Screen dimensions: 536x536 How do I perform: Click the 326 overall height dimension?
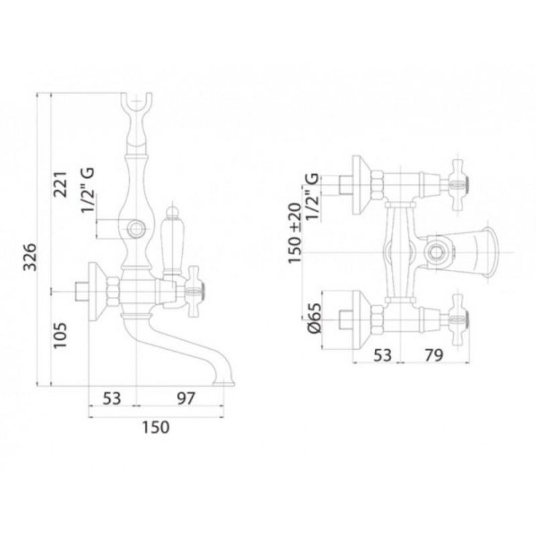point(29,257)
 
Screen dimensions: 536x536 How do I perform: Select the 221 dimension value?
point(61,184)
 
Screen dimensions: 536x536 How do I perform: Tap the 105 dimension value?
point(60,335)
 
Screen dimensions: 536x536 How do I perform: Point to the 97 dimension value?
point(186,399)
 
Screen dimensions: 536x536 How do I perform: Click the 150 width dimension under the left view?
point(155,427)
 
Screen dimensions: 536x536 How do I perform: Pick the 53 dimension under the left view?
point(112,399)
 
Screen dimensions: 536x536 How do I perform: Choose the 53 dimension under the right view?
point(383,356)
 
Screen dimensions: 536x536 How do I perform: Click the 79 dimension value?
point(433,356)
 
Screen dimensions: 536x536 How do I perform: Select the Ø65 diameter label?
point(315,318)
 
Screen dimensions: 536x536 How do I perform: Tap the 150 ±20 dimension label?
point(294,233)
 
